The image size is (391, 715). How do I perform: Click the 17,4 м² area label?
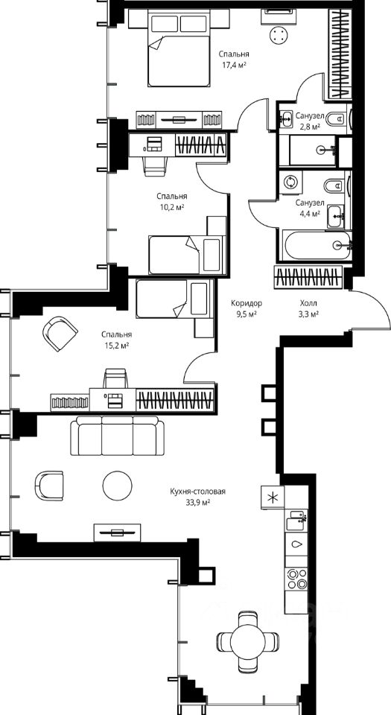pos(234,66)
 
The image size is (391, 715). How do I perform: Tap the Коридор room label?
pos(246,303)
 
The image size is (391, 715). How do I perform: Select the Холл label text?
pos(308,303)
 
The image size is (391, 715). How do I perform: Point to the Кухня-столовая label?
pos(198,492)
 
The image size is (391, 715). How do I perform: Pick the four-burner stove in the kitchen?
pos(296,579)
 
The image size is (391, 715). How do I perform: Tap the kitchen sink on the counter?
pos(296,521)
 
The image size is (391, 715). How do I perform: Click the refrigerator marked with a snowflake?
pos(273,497)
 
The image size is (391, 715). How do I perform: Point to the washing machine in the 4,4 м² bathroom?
pos(290,182)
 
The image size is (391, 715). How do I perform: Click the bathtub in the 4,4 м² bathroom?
pos(317,246)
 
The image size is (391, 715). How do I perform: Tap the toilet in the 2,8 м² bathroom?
pos(337,118)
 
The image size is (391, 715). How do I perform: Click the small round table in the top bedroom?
pos(279,35)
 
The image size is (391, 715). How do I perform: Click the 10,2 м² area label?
pos(171,207)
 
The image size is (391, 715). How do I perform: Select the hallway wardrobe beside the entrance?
pos(308,277)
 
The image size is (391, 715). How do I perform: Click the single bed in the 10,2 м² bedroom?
pos(187,255)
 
